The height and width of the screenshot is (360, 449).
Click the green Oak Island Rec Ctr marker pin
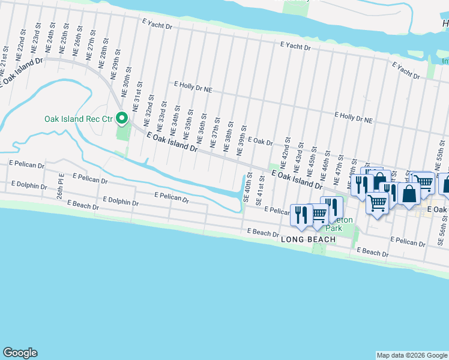122,118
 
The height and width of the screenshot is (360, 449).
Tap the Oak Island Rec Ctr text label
79,119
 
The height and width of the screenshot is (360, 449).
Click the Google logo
20,353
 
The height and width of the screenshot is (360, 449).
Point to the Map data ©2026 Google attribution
411,355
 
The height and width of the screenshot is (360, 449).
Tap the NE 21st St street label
6,55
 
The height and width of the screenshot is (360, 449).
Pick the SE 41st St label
261,187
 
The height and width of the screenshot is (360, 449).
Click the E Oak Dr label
260,141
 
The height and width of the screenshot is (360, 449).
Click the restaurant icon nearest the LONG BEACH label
301,215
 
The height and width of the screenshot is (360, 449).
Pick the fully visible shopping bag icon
409,194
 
